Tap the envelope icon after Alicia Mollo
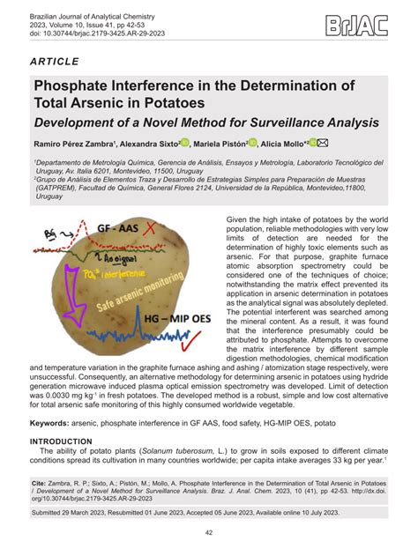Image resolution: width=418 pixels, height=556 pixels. (323, 144)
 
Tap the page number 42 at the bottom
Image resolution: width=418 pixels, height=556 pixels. (209, 532)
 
